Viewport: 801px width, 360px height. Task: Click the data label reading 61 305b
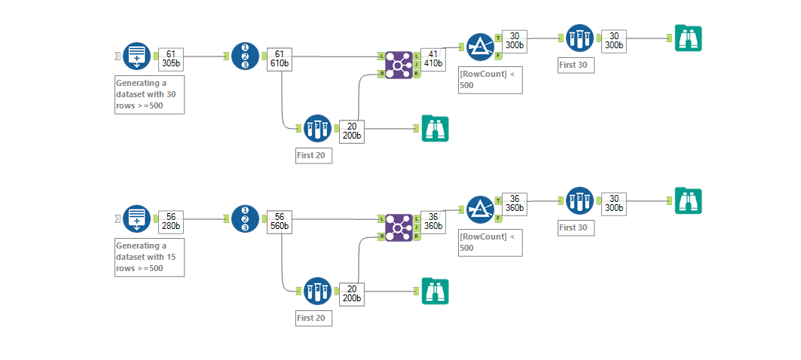coord(170,59)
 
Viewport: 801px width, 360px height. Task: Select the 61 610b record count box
coord(279,59)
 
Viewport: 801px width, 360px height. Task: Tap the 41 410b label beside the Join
coord(433,59)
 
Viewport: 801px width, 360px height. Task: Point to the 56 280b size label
coord(170,221)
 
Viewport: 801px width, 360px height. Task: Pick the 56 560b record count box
coord(279,221)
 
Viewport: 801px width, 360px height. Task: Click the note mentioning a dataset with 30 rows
coord(149,94)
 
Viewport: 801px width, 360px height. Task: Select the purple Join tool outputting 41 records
coord(399,66)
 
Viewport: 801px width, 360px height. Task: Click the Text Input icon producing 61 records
coord(136,56)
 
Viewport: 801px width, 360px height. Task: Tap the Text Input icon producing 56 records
coord(136,218)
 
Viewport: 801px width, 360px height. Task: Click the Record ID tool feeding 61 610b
coord(245,56)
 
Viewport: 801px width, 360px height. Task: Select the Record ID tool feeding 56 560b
coord(245,218)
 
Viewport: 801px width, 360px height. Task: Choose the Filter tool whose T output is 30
coord(479,47)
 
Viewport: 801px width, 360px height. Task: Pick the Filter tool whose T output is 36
coord(479,209)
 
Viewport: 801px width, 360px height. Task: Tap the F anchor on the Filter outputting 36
coord(498,218)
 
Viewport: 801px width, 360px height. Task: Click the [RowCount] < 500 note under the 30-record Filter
coord(490,81)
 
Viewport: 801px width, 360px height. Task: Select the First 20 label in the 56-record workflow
coord(313,318)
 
